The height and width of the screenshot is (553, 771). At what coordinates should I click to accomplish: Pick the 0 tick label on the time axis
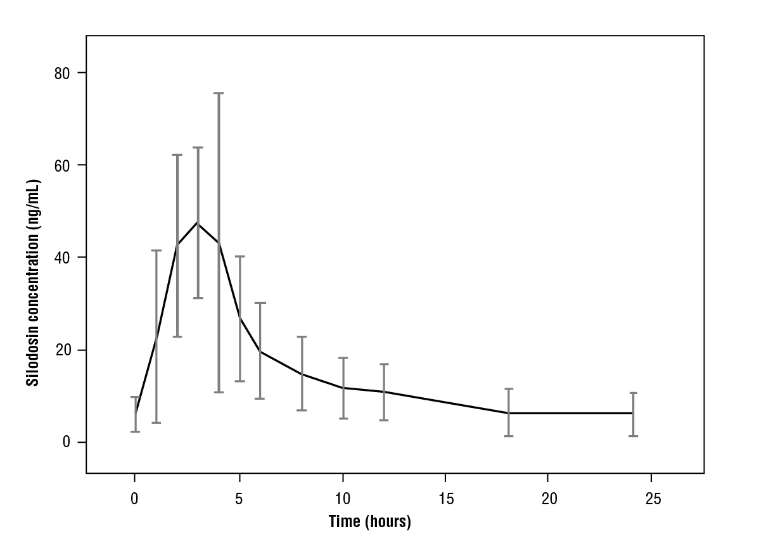[x=135, y=499]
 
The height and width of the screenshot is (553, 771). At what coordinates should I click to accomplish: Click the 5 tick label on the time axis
[x=239, y=499]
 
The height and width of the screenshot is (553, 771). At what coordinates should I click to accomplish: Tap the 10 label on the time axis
[x=343, y=499]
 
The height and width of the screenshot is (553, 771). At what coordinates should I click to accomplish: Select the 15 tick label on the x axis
[x=446, y=499]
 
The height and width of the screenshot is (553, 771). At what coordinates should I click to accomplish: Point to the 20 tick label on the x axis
[x=549, y=499]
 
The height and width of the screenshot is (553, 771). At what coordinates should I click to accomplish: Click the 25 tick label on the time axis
[x=653, y=499]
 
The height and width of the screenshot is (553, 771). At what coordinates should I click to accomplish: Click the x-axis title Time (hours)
[x=370, y=522]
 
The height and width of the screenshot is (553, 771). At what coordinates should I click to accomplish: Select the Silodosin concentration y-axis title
[x=33, y=283]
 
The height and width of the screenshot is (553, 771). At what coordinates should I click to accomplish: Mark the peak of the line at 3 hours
[x=198, y=222]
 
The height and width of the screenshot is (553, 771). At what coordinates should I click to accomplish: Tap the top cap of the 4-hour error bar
[x=219, y=93]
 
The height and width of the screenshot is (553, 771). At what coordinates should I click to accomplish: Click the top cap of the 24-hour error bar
[x=632, y=393]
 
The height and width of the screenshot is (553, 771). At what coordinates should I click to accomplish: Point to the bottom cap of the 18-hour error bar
[x=509, y=436]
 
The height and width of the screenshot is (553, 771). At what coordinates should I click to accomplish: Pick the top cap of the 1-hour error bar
[x=156, y=251]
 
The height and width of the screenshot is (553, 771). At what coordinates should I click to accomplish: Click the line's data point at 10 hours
[x=343, y=388]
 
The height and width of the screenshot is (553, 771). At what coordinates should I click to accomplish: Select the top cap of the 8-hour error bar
[x=302, y=337]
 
